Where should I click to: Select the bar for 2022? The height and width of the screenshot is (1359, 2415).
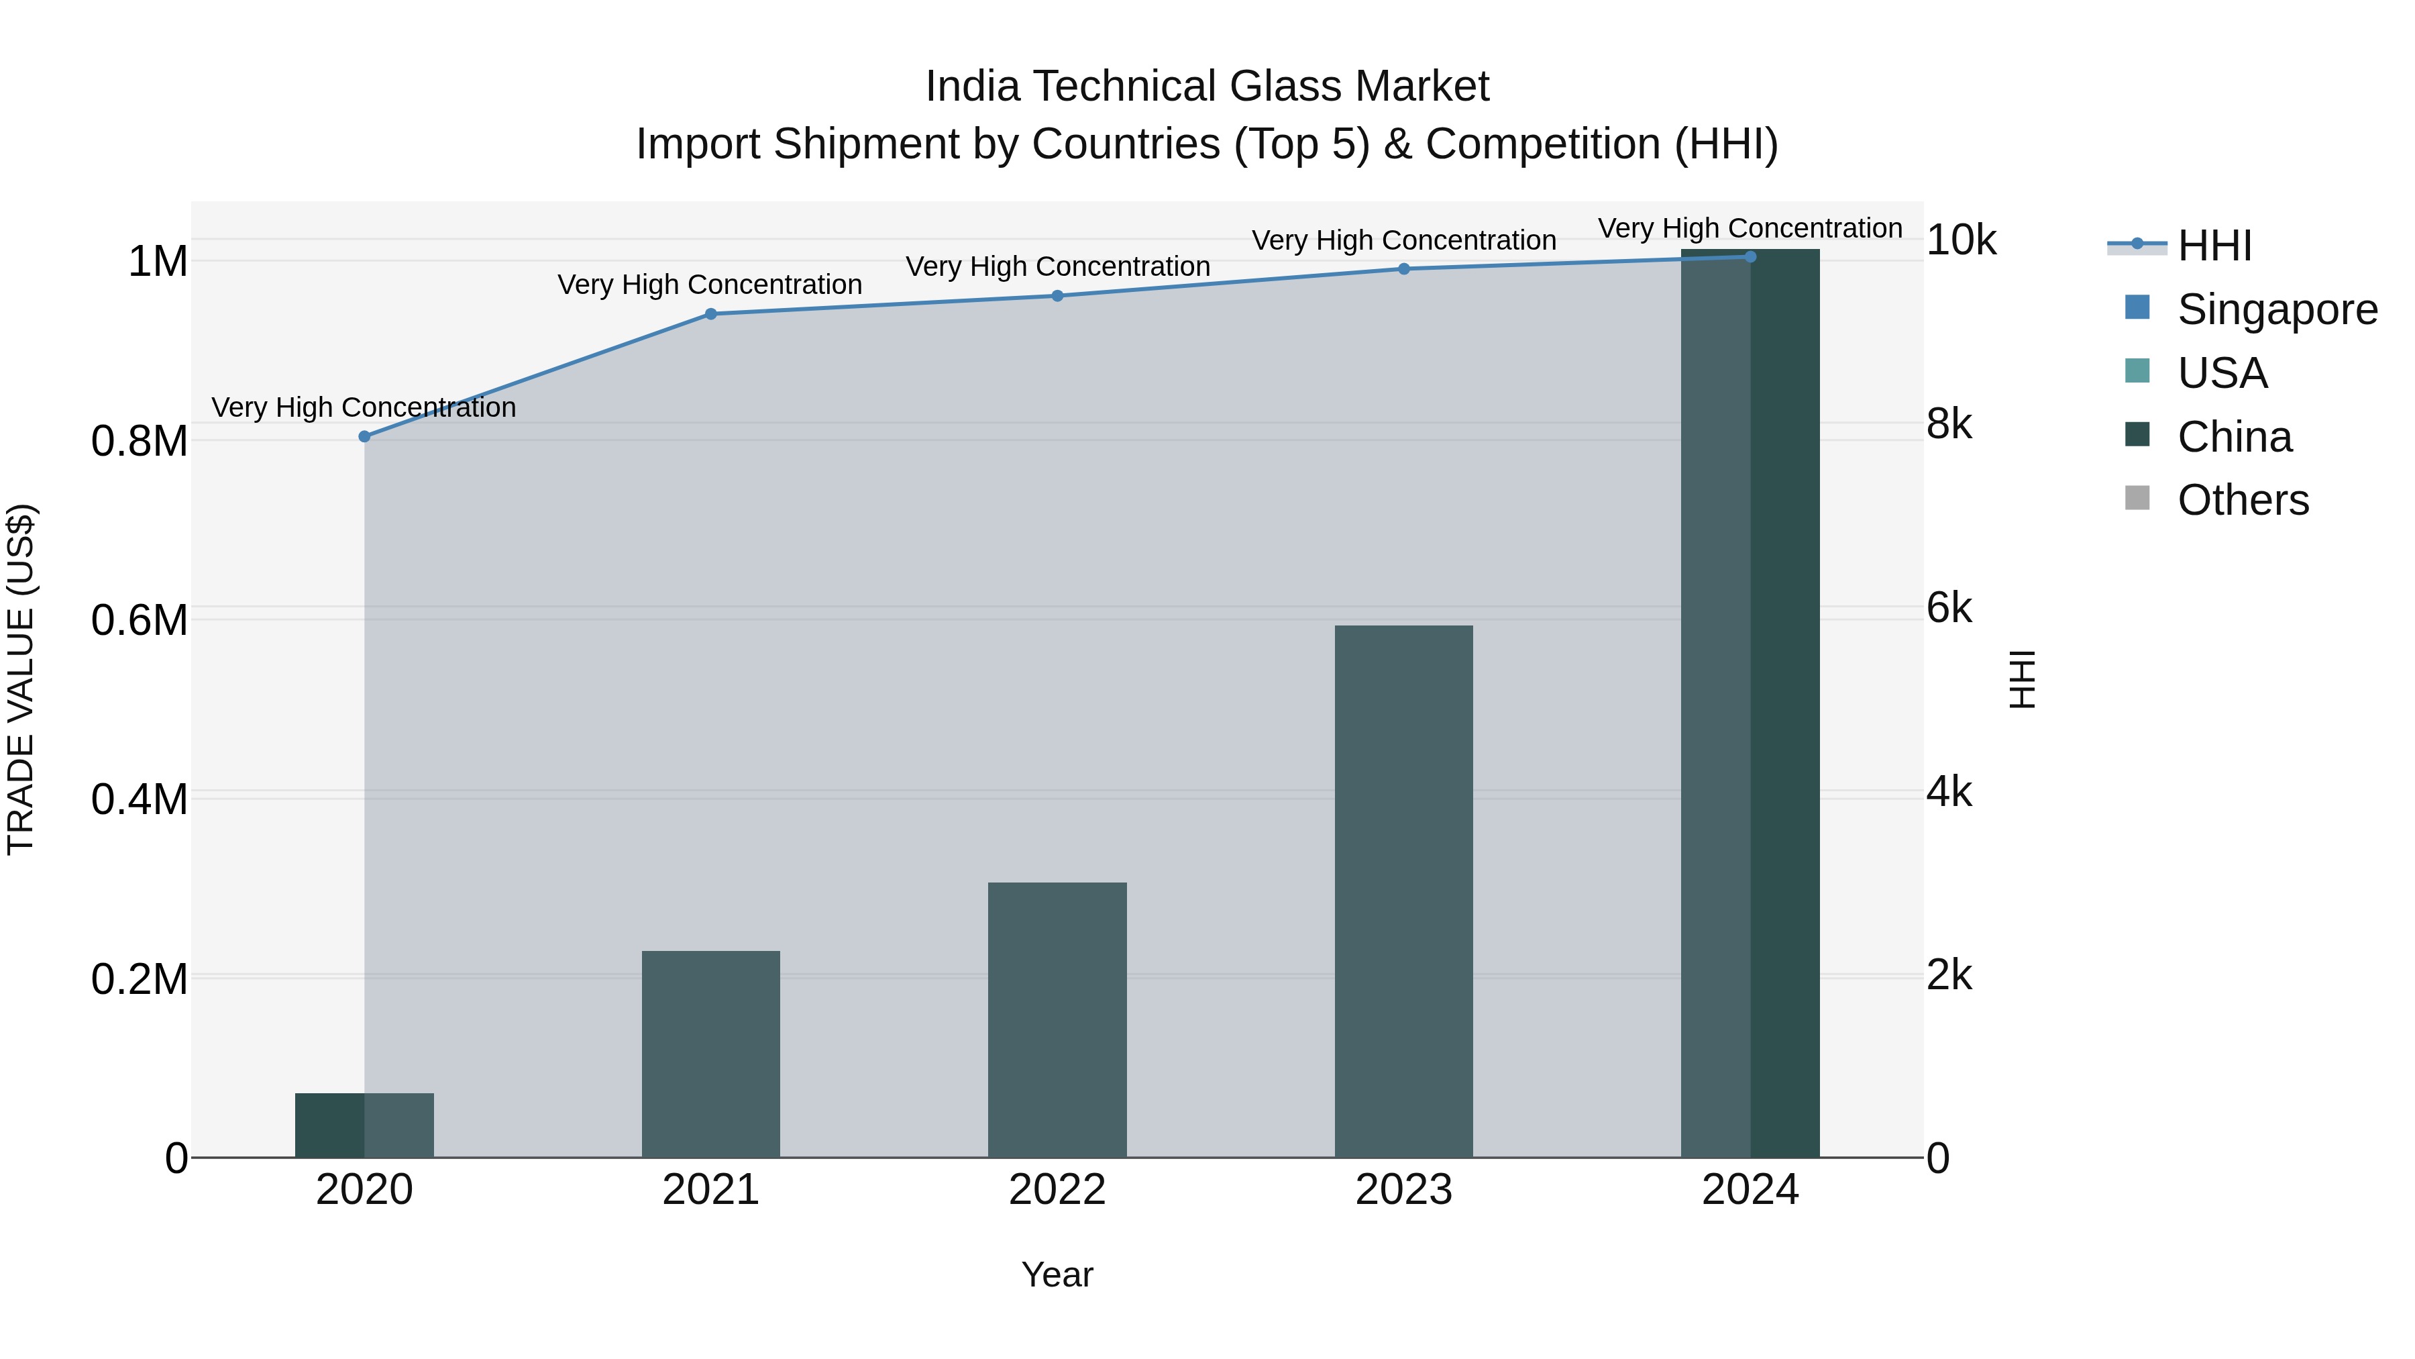click(x=1057, y=1019)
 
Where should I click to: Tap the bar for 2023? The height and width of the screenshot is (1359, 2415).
click(x=1403, y=891)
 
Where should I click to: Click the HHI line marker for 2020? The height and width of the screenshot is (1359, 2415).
click(x=365, y=436)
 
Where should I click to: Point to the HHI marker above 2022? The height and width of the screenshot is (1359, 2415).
click(x=1057, y=295)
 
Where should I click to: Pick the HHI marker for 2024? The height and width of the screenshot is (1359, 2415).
click(x=1750, y=256)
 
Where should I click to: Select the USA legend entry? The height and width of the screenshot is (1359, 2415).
click(x=2222, y=373)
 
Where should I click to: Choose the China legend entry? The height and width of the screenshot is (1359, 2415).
click(x=2234, y=437)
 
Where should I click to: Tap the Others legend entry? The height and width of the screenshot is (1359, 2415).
click(x=2243, y=500)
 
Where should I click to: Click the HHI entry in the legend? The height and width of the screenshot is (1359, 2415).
click(x=2214, y=246)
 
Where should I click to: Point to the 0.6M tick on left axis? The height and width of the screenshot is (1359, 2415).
click(x=139, y=620)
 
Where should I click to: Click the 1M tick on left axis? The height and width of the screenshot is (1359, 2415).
click(x=158, y=262)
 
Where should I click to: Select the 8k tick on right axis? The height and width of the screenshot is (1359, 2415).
click(x=1949, y=424)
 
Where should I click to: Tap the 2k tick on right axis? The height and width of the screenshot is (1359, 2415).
click(x=1949, y=975)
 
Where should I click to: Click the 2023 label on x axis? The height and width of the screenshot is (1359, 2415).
click(x=1403, y=1190)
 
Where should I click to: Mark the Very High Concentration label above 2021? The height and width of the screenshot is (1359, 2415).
click(x=710, y=284)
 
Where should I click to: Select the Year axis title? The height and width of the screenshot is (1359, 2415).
click(x=1057, y=1274)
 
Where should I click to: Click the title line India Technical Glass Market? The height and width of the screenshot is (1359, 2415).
click(x=1207, y=87)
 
